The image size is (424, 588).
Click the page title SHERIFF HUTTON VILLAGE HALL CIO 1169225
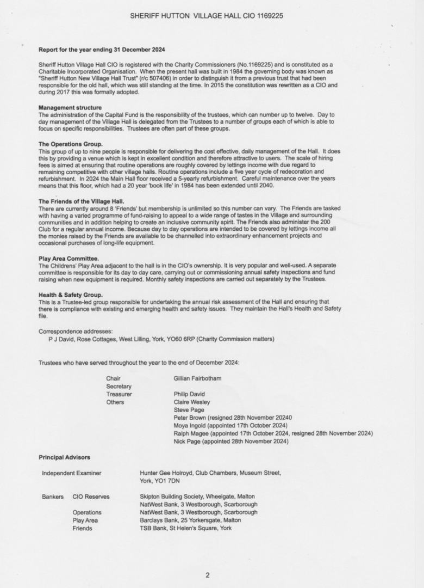pyautogui.click(x=207, y=16)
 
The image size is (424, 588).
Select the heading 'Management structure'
pyautogui.click(x=70, y=108)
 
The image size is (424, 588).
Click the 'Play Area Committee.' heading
pyautogui.click(x=68, y=258)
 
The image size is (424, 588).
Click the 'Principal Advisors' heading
pyautogui.click(x=65, y=457)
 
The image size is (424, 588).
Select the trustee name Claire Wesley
pyautogui.click(x=192, y=402)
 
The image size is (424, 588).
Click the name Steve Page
pyautogui.click(x=189, y=410)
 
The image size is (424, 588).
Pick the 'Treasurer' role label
pyautogui.click(x=119, y=394)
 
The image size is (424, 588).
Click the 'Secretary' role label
pyautogui.click(x=119, y=386)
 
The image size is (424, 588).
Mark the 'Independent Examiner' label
pyautogui.click(x=72, y=473)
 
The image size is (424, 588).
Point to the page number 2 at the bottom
pyautogui.click(x=207, y=575)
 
